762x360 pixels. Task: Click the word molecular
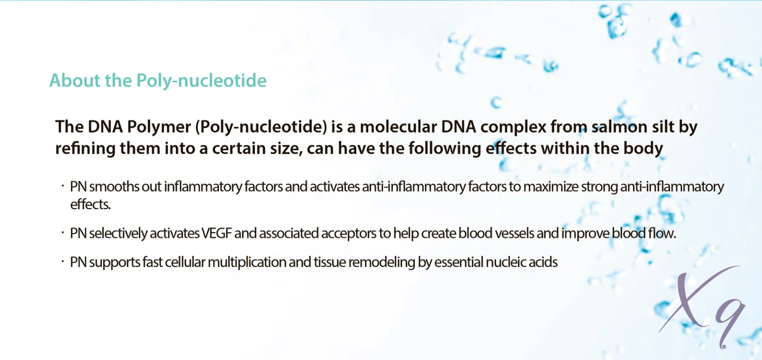click(398, 126)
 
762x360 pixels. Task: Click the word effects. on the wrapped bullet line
click(90, 204)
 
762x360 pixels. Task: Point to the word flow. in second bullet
click(662, 233)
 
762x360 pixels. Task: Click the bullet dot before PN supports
click(63, 261)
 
